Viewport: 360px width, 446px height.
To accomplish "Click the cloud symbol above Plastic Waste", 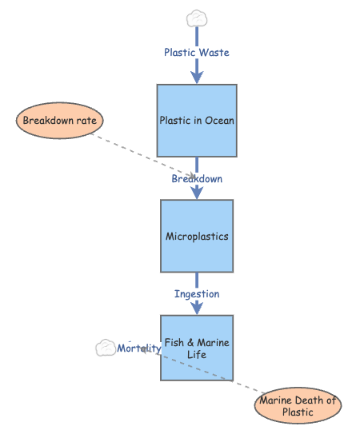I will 197,18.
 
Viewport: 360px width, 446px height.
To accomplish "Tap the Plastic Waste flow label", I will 197,53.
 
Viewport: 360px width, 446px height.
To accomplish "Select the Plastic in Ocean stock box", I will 197,120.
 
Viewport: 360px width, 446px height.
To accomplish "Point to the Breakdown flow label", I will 197,179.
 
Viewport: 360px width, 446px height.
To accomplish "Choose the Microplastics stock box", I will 197,237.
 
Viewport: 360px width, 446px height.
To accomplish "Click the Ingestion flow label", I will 197,294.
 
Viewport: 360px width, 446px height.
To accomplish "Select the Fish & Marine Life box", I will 197,348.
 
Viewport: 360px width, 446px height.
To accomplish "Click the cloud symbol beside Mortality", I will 106,348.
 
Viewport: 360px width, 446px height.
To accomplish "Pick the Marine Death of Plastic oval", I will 298,406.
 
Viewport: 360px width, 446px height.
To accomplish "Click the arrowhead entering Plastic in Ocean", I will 197,77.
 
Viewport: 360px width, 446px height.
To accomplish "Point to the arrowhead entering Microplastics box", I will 197,193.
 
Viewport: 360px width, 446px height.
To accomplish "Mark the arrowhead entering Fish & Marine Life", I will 197,308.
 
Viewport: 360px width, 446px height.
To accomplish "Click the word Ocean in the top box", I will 218,121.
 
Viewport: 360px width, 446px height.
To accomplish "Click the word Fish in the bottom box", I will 174,343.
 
